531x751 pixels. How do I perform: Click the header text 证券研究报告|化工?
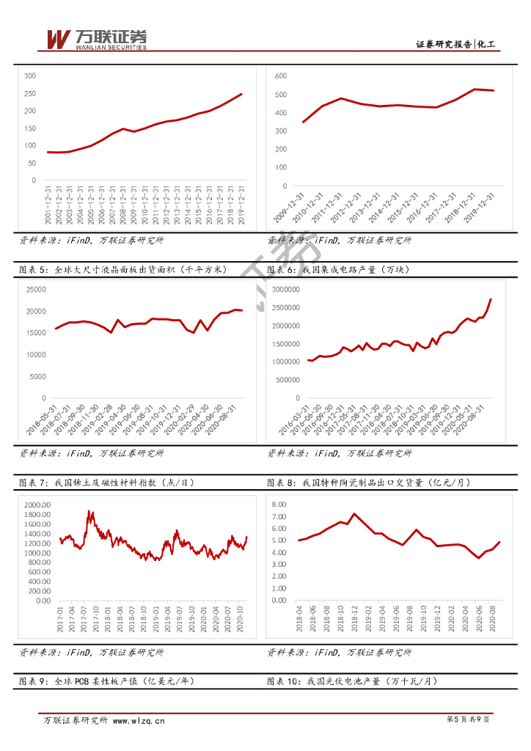point(455,45)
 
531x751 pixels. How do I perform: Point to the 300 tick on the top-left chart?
point(30,76)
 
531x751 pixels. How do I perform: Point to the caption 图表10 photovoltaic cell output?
point(352,682)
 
